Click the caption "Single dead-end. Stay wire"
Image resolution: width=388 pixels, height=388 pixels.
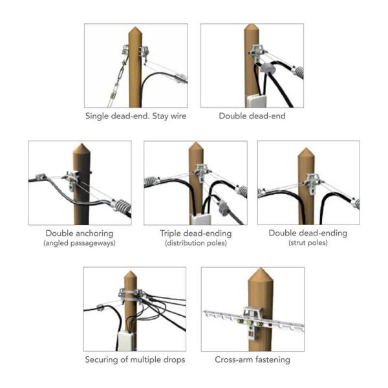136,116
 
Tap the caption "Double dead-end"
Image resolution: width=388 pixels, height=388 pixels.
252,116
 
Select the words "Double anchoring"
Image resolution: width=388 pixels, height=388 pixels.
80,233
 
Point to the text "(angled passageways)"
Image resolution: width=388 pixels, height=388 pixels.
80,243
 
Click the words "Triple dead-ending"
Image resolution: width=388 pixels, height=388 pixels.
196,233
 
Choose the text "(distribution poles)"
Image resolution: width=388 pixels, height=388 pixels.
196,243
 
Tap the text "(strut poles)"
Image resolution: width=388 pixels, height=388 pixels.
308,242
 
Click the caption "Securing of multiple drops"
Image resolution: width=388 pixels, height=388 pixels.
135,360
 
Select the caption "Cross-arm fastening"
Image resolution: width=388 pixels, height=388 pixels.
252,360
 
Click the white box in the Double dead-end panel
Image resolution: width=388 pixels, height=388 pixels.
256,101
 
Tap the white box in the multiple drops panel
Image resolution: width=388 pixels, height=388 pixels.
126,341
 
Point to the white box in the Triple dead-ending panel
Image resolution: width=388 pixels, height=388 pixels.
201,219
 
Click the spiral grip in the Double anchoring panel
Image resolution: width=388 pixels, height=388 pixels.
122,206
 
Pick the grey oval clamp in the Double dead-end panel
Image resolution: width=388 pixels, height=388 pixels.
267,67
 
